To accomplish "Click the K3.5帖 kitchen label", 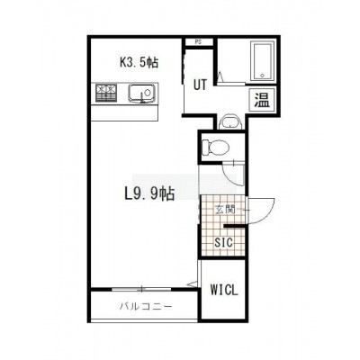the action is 139,62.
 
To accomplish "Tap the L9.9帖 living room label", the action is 149,193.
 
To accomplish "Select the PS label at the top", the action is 198,42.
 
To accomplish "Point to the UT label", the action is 200,85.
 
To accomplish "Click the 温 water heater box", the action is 262,100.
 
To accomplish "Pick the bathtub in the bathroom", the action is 263,61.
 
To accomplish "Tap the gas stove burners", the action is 106,93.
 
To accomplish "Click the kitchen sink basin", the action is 141,93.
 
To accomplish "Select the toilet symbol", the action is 215,147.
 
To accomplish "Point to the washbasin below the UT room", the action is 230,121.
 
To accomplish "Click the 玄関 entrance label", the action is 225,209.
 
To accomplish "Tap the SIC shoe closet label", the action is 224,242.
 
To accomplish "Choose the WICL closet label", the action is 224,290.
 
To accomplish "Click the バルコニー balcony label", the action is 146,306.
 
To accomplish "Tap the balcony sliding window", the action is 141,289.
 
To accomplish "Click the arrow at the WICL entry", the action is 192,283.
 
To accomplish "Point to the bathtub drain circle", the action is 263,75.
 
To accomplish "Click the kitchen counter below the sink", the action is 124,112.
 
